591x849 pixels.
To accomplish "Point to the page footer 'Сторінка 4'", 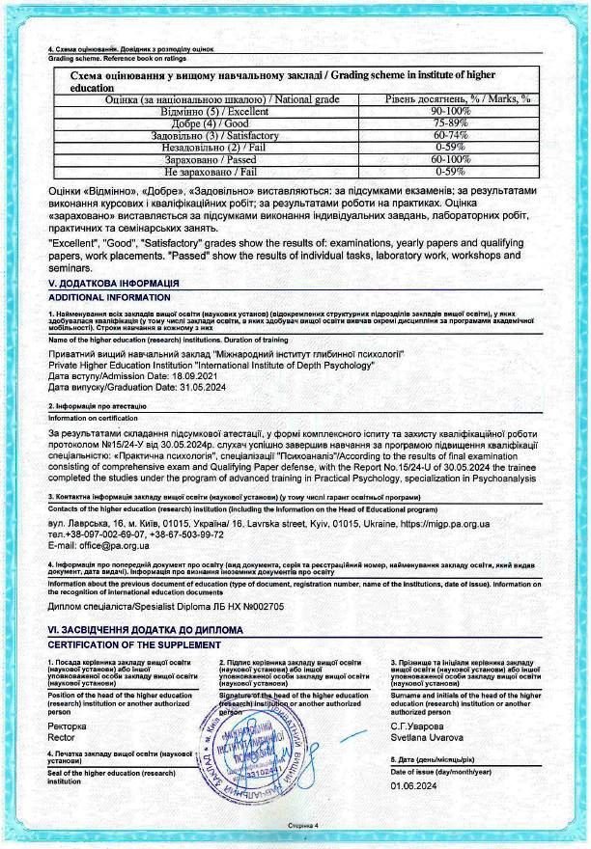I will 301,827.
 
